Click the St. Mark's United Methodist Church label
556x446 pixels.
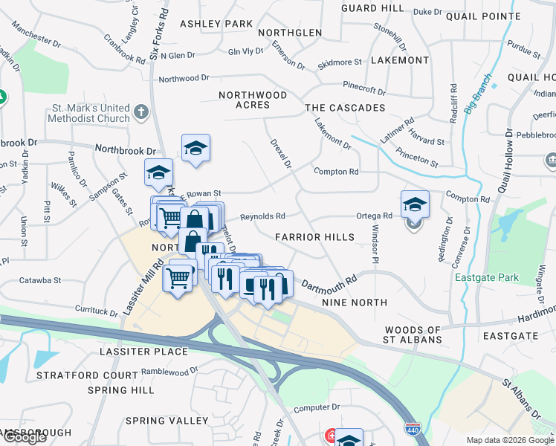point(89,112)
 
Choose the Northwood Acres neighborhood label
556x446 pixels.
point(253,100)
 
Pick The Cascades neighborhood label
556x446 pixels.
point(345,108)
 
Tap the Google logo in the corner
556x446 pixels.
point(25,437)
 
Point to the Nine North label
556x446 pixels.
point(355,303)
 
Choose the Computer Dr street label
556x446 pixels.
point(316,407)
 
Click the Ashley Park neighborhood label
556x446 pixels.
point(216,24)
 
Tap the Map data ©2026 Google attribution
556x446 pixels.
point(510,440)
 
